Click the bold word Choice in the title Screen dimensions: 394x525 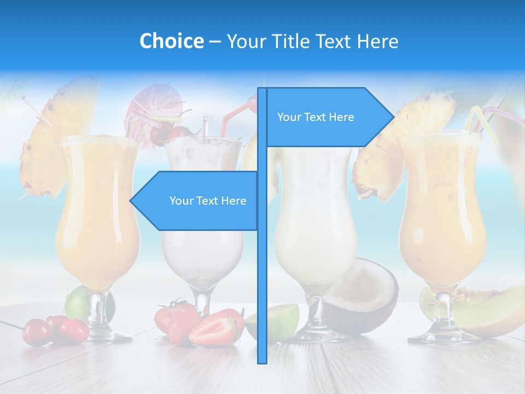tap(171, 41)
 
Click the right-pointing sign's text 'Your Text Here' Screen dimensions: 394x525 tap(316, 117)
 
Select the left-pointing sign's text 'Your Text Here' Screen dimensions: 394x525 tap(208, 201)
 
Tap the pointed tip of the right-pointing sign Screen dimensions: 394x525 tap(393, 117)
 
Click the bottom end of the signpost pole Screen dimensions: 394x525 tap(262, 361)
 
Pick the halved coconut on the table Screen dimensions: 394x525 tap(364, 296)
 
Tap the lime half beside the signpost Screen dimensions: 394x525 tap(282, 320)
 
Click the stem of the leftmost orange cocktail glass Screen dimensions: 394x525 tap(97, 306)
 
